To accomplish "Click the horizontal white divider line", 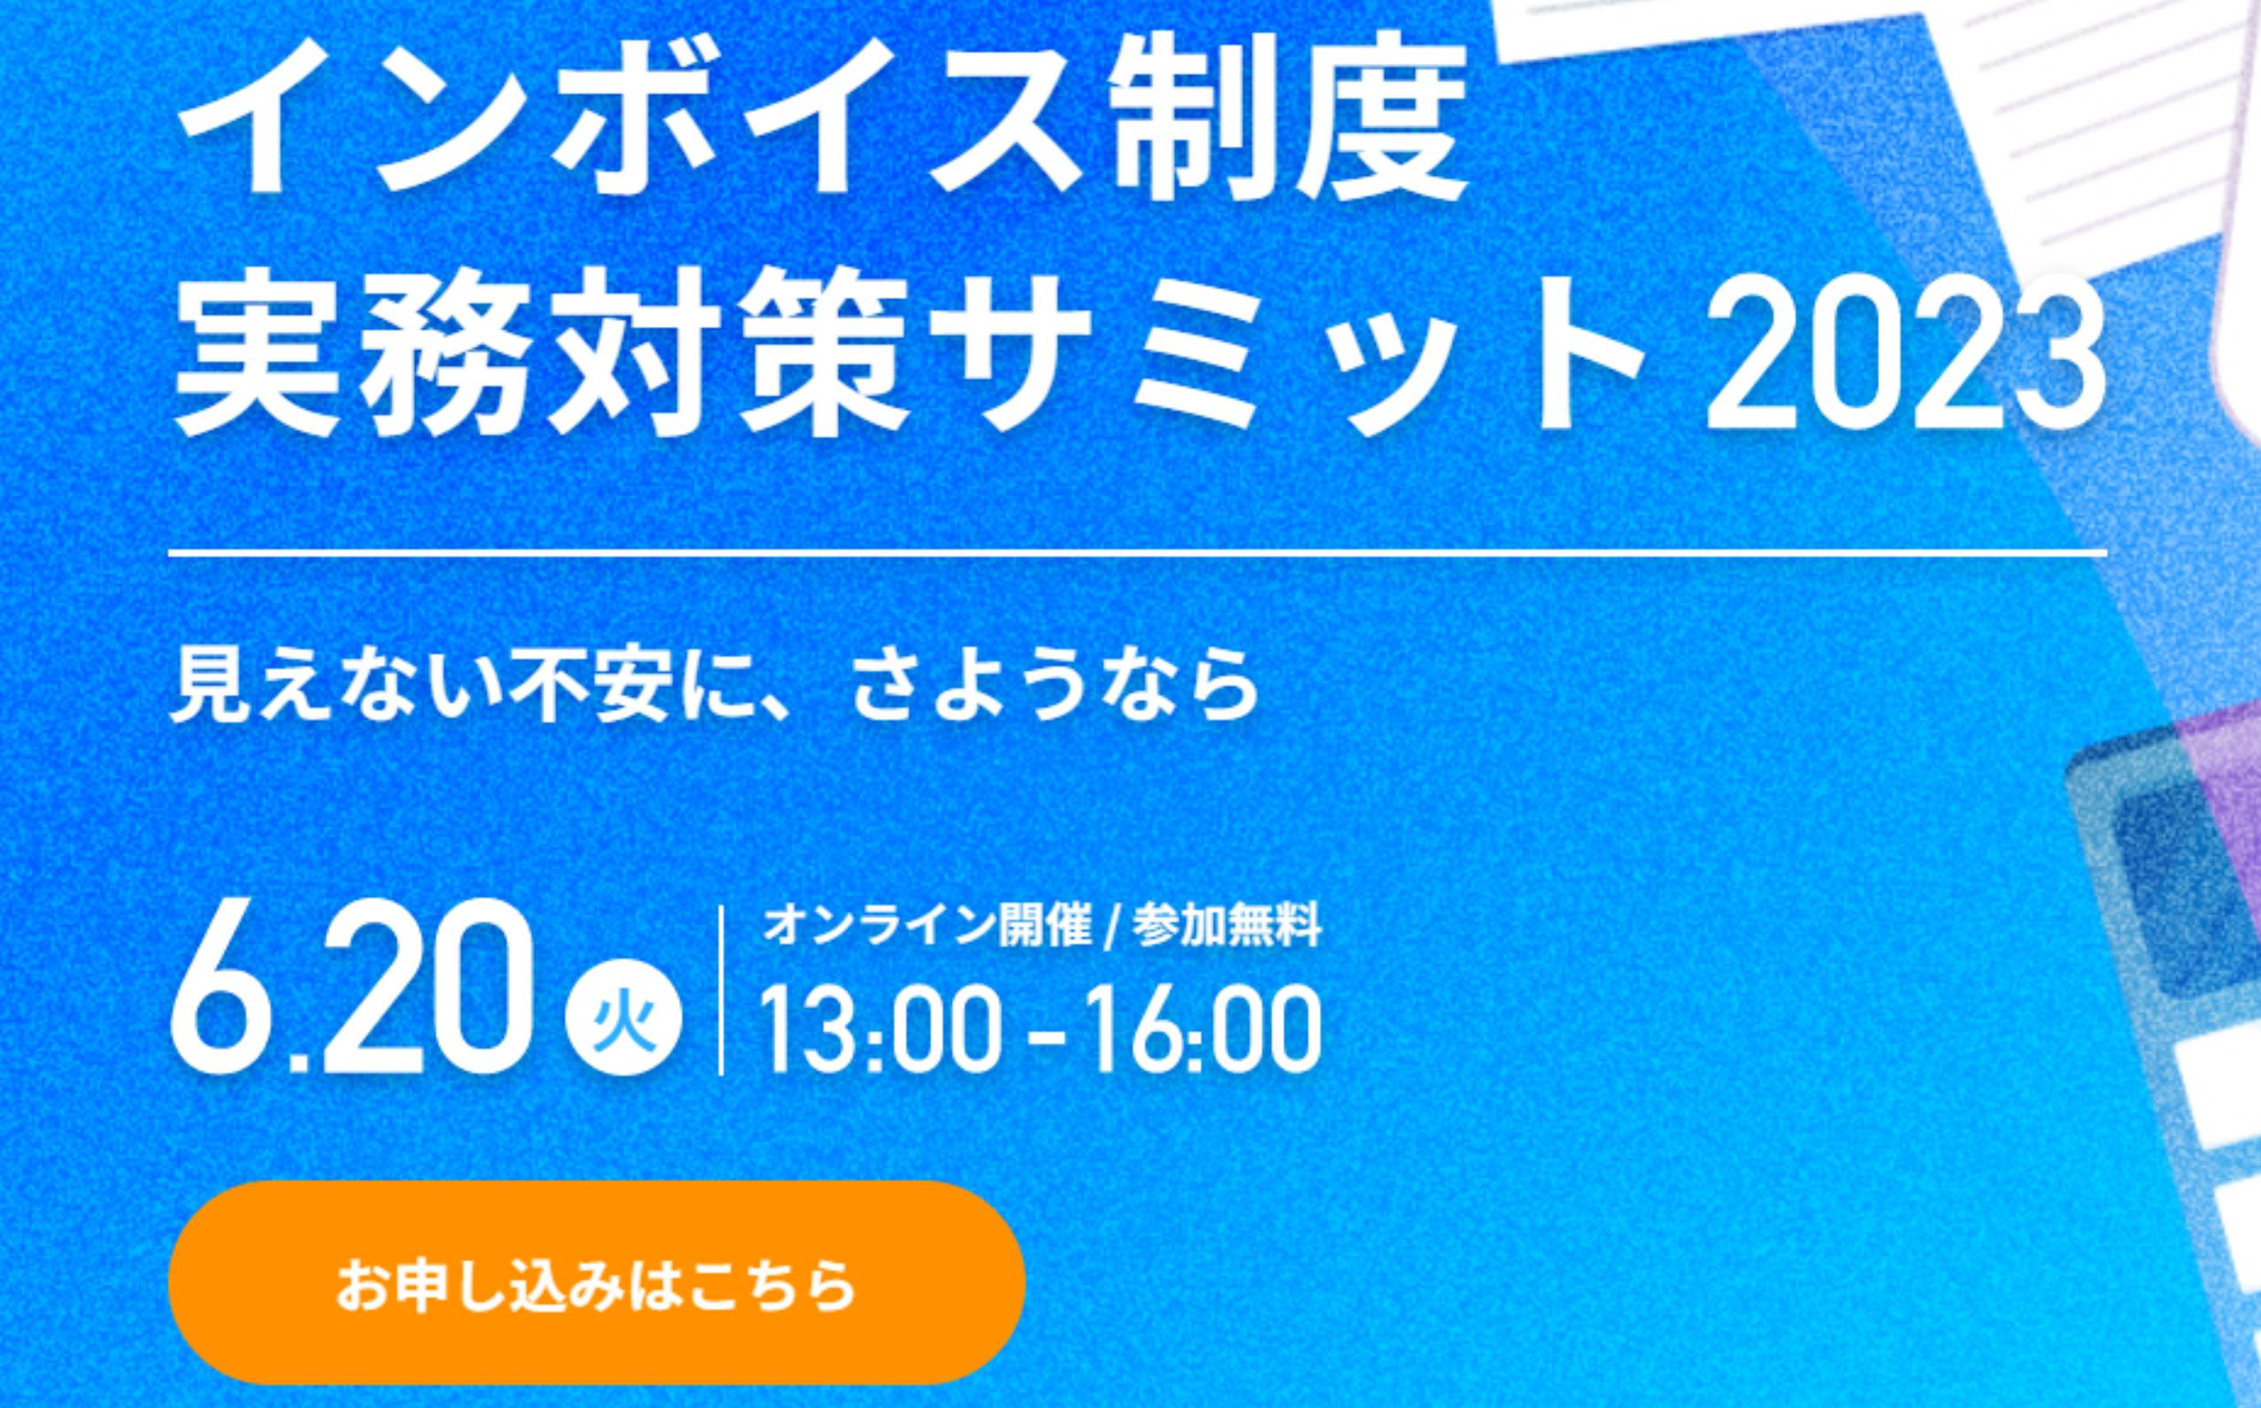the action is [1137, 553].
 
